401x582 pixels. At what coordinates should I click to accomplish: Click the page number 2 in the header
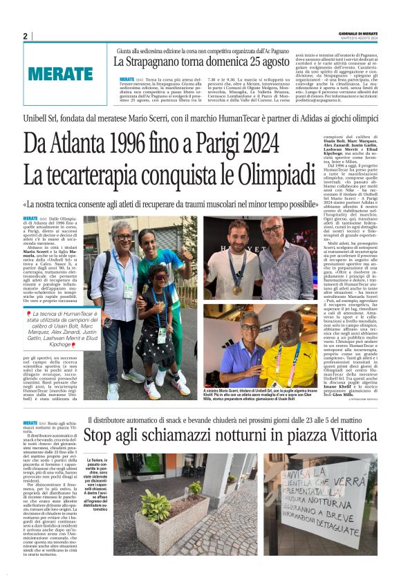(25, 36)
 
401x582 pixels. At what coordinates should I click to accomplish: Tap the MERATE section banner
(62, 73)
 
